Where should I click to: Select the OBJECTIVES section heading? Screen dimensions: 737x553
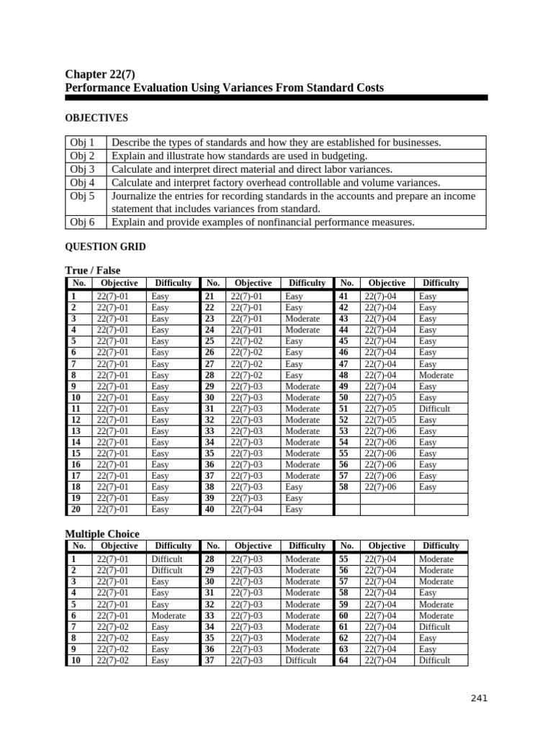[96, 117]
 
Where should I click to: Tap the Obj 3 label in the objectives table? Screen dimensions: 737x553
[81, 169]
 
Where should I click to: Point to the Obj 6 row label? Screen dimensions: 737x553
[81, 222]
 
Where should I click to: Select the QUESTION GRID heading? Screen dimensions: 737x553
[105, 247]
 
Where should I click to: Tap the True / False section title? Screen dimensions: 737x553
[93, 270]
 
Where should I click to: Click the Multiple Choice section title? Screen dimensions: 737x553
[102, 533]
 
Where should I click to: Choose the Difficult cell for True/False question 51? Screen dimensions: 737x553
[436, 409]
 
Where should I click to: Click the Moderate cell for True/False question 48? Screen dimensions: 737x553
[436, 375]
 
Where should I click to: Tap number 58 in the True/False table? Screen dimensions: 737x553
[343, 487]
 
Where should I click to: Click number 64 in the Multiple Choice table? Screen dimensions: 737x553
[343, 660]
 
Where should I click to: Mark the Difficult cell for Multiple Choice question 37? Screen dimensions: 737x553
[300, 660]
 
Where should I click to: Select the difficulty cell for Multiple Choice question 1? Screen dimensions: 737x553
[167, 559]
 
